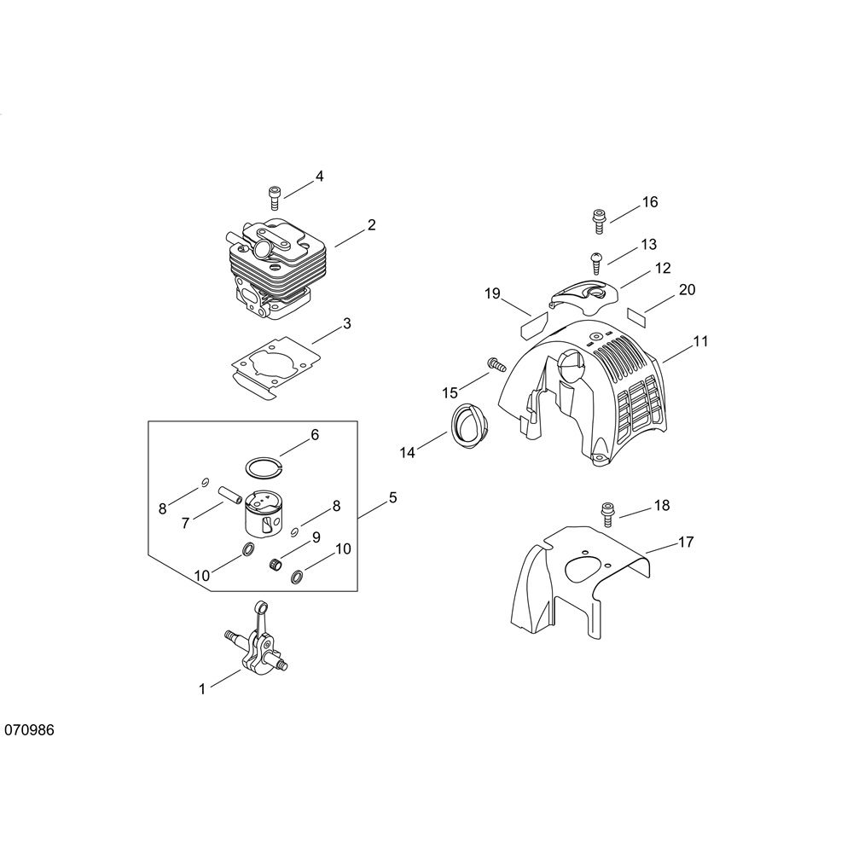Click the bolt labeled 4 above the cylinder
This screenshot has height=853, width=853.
tap(275, 197)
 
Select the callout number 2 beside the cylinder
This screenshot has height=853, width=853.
tap(372, 224)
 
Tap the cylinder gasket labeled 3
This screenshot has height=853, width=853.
tap(276, 372)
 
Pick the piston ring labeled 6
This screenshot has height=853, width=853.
tap(264, 467)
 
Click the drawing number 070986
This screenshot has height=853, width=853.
tap(29, 729)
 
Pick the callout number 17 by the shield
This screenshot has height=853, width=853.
tap(686, 542)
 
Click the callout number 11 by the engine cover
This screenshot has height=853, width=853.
tap(700, 341)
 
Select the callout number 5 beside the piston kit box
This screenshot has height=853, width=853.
tap(392, 497)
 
